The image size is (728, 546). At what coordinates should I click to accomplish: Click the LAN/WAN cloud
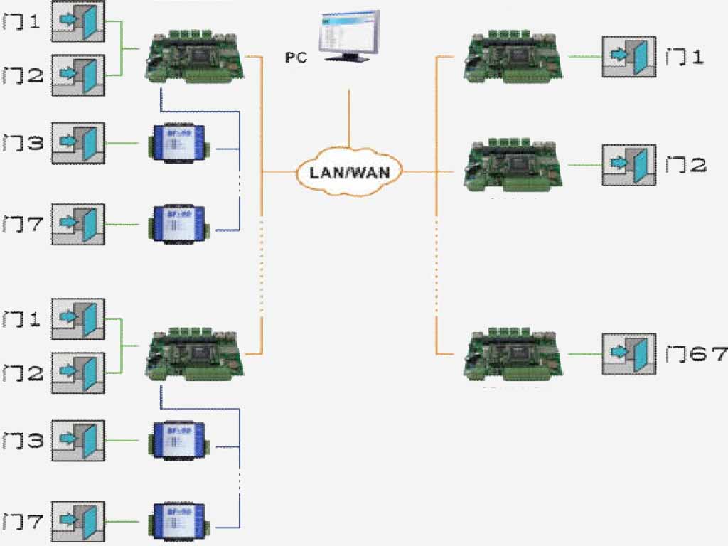(349, 171)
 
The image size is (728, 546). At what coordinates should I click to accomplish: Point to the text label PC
(296, 58)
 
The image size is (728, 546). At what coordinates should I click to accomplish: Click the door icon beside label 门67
(629, 354)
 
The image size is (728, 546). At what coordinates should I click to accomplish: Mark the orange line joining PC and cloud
(348, 117)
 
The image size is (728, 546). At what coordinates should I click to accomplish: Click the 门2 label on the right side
(685, 166)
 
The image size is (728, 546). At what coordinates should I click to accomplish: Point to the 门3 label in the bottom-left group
(23, 441)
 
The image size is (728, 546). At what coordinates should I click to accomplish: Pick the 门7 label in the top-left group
(23, 225)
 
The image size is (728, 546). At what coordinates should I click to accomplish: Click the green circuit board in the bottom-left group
(196, 353)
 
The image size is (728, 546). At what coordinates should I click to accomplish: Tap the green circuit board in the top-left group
(196, 56)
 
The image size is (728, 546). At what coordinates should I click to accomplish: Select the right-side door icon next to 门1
(629, 56)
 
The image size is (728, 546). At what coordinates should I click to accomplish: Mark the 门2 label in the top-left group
(23, 75)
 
